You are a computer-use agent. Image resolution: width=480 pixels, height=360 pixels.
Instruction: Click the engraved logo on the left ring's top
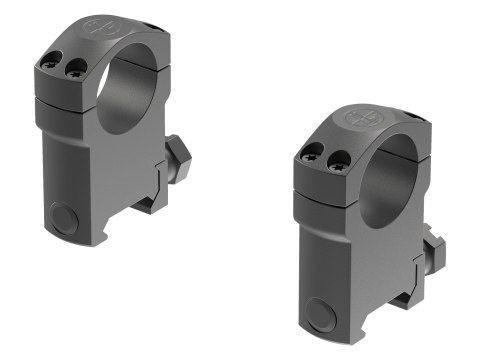point(100,27)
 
